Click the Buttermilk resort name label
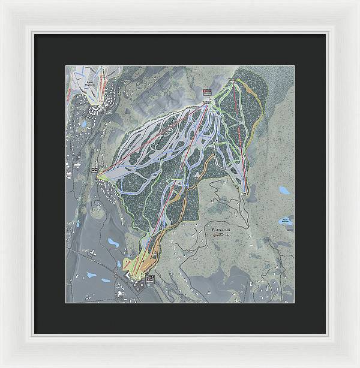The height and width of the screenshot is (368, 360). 223,230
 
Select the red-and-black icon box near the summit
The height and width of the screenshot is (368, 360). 208,91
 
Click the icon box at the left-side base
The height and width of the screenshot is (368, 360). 94,171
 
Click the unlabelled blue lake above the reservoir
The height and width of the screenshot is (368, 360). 284,191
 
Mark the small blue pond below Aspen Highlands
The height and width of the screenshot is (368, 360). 85,123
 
